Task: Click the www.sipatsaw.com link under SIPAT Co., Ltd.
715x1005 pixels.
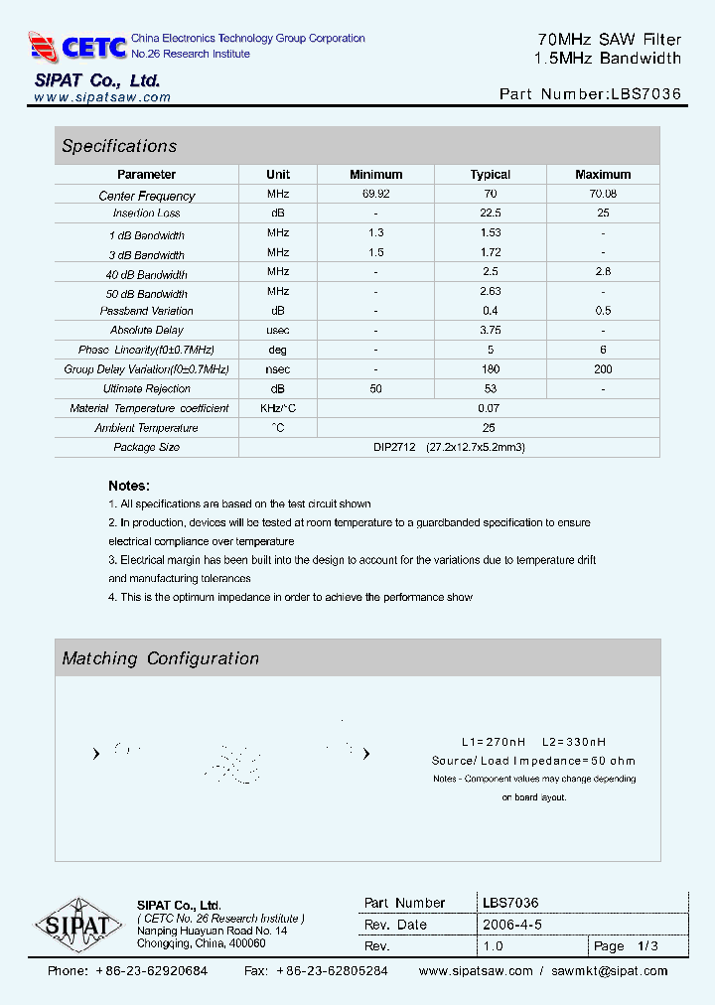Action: point(102,97)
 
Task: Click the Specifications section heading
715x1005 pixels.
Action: point(119,146)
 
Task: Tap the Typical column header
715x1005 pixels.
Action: point(490,175)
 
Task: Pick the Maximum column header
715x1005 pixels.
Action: point(603,175)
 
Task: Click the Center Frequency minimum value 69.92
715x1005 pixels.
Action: point(376,194)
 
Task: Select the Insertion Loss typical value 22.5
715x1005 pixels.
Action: point(490,214)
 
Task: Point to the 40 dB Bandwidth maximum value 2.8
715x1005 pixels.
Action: point(603,272)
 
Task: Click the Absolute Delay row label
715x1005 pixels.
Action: point(146,331)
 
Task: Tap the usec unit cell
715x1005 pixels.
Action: point(278,331)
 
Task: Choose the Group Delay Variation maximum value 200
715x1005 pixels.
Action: point(603,369)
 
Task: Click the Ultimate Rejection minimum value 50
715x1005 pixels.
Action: point(376,389)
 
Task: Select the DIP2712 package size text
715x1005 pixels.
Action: point(394,448)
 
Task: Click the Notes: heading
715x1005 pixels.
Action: point(129,486)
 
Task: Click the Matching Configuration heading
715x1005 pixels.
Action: point(160,658)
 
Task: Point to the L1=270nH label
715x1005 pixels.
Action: point(488,742)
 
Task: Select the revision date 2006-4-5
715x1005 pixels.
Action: point(511,925)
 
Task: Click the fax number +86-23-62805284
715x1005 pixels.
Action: point(332,971)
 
